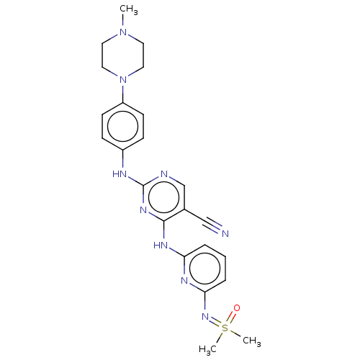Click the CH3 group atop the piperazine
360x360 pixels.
coord(129,10)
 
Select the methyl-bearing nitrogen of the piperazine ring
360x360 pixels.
coord(123,32)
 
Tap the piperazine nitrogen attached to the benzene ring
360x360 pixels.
coord(123,79)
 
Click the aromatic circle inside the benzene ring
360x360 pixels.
coord(123,127)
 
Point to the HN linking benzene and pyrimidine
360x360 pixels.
coord(120,174)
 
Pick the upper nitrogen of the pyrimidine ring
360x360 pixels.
coord(164,174)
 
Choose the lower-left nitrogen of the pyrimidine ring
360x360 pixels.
coord(143,210)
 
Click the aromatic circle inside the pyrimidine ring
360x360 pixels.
coord(164,197)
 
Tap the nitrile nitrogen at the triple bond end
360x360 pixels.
coord(225,233)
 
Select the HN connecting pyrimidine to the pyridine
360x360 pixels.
coord(161,246)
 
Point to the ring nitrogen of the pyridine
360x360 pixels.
coord(184,280)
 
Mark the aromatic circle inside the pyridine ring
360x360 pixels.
coord(204,269)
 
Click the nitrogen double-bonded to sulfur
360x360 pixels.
coord(205,316)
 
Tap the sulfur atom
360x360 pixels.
coord(225,328)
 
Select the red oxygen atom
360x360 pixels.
coord(237,308)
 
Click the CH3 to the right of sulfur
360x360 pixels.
coord(252,341)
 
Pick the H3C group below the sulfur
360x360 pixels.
coord(208,349)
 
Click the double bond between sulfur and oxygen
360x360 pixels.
coord(231,318)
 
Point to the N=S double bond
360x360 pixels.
coord(215,322)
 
